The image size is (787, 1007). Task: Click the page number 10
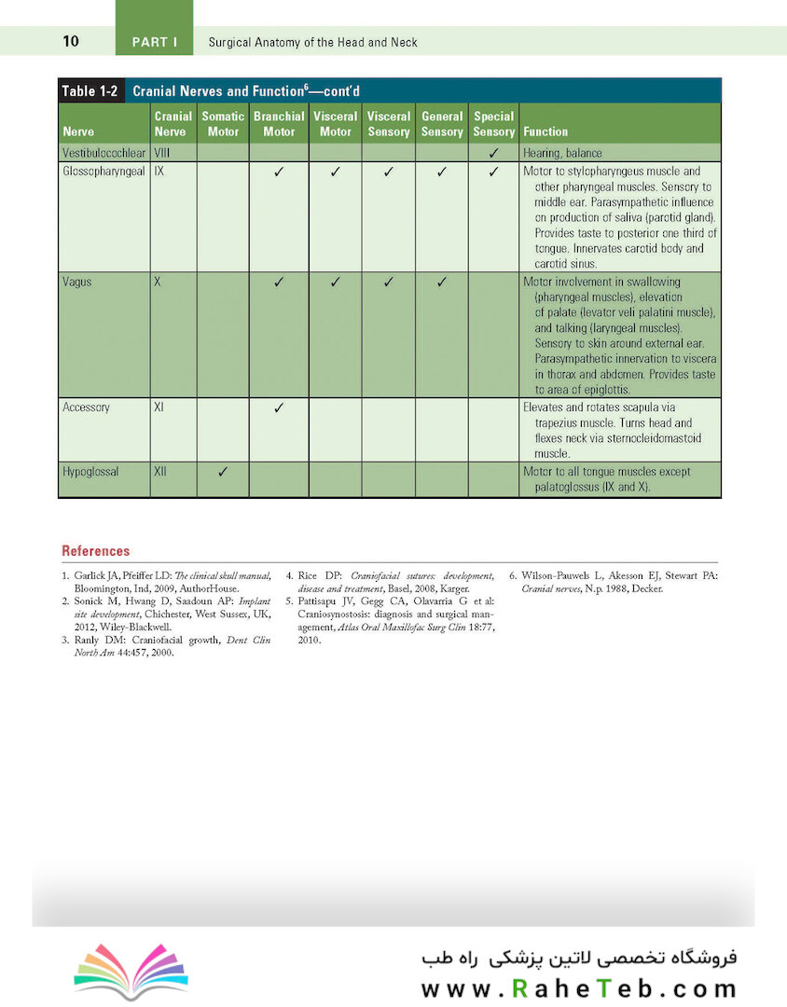pos(71,41)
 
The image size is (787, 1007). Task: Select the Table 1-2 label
pos(91,90)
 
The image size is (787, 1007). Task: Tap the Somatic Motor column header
pos(223,124)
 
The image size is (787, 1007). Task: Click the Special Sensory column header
pos(493,124)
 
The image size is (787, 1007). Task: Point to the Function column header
pos(545,131)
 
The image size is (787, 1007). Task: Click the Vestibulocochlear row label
pos(103,152)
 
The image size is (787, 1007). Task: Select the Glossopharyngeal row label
pos(104,172)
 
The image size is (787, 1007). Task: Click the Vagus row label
pos(77,282)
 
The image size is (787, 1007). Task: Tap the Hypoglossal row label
pos(90,472)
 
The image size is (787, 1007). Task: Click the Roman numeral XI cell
pos(159,407)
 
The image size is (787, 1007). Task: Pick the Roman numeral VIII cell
pos(161,152)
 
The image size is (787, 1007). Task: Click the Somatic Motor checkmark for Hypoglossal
pos(223,472)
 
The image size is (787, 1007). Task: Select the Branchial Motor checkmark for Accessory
pos(278,408)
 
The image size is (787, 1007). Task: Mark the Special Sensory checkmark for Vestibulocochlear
pos(493,152)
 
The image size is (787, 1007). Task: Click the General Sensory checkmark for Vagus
pos(441,282)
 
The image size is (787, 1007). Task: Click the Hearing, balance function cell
pos(562,152)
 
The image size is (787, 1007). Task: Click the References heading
pos(95,551)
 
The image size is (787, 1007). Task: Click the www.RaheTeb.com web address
pos(579,987)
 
